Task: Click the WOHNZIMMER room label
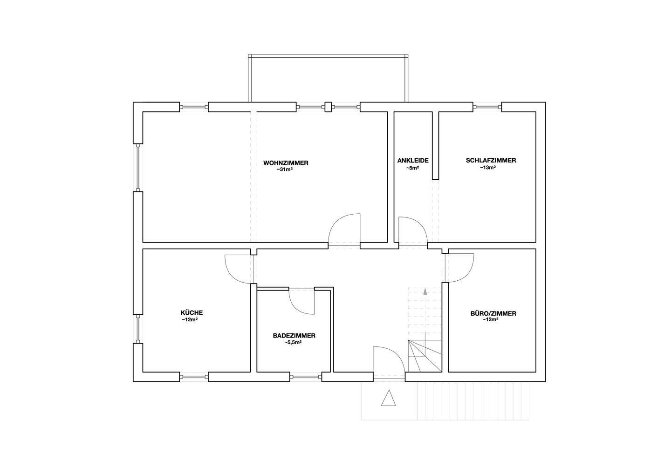coord(286,163)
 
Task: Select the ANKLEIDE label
coord(413,161)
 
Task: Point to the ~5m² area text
coord(412,168)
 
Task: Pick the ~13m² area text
coord(488,168)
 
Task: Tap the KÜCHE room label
coord(192,313)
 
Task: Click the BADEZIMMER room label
coord(294,336)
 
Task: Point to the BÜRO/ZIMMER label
coord(493,314)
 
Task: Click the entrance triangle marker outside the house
coord(388,398)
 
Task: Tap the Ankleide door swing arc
coord(419,225)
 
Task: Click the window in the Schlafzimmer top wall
coord(487,107)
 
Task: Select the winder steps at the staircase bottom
coord(425,356)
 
